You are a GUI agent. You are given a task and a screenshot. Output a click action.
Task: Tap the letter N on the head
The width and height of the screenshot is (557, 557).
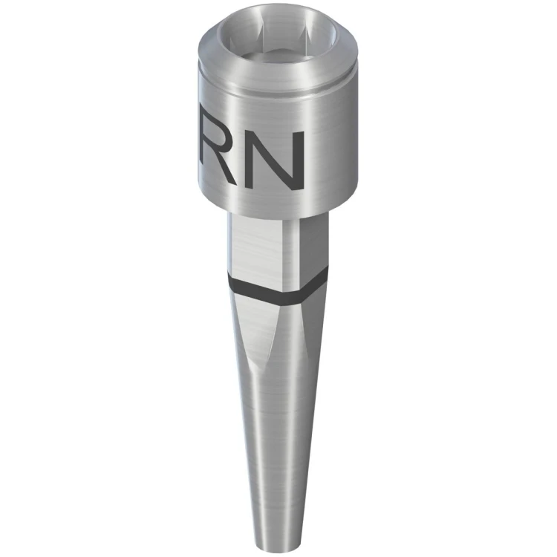(276, 160)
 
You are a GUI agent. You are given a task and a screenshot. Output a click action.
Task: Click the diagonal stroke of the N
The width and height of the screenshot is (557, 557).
(276, 160)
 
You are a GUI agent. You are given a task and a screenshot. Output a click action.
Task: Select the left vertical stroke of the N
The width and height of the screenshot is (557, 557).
(251, 160)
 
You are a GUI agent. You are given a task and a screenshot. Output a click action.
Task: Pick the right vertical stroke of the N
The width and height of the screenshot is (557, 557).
(301, 160)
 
